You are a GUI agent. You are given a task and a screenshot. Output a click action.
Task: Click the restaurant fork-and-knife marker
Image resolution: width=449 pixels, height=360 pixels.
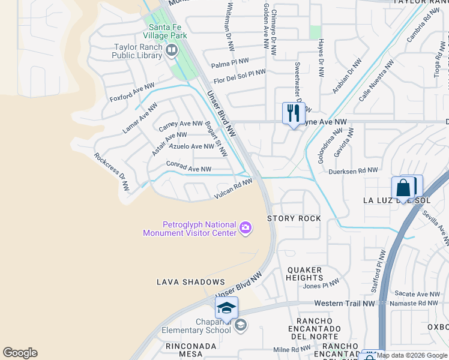[x=294, y=113]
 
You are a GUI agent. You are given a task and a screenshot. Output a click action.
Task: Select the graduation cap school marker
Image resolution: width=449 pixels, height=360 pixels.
[x=226, y=308]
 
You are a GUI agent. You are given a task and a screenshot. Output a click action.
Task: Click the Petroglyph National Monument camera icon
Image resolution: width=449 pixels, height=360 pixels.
[x=245, y=227]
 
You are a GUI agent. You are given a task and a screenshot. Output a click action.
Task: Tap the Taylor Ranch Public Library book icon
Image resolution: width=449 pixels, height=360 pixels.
[x=172, y=50]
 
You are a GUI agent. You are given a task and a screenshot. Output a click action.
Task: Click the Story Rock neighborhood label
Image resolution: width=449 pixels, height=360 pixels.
[x=294, y=218]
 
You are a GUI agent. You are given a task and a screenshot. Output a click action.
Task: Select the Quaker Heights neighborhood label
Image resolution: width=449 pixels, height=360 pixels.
[x=305, y=274]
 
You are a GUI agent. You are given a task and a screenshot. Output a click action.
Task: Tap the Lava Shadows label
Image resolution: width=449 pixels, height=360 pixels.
[x=190, y=282]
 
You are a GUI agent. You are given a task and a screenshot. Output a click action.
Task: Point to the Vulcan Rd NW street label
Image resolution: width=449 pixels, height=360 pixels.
[x=234, y=190]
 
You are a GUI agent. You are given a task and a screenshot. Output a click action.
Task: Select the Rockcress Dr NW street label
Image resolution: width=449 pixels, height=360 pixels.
[x=112, y=172]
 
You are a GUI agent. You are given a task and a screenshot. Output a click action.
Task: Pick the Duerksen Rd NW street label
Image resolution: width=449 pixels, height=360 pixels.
[x=354, y=171]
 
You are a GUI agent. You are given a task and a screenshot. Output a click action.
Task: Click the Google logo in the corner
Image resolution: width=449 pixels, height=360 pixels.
[x=20, y=353]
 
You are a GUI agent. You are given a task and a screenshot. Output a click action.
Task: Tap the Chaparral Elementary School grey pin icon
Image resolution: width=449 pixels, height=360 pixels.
[x=240, y=326]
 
